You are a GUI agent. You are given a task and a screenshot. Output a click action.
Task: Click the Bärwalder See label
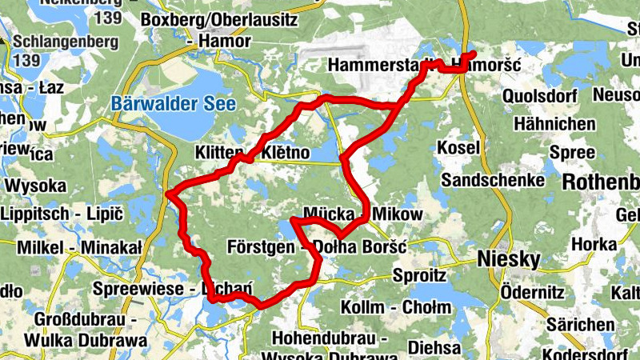point(174,103)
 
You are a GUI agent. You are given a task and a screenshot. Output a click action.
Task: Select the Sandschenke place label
point(492,180)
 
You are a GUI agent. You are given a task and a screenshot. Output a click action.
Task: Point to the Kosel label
point(458,148)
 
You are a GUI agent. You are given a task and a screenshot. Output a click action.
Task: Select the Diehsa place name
point(434,348)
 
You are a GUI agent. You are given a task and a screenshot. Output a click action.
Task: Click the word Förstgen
point(261,246)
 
